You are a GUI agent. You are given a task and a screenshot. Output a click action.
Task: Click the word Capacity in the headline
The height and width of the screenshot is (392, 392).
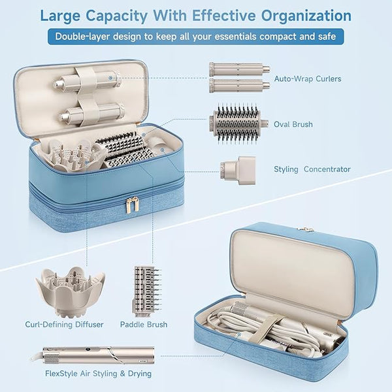pos(116,16)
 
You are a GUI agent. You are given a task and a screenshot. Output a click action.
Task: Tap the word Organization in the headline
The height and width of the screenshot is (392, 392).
pos(306,16)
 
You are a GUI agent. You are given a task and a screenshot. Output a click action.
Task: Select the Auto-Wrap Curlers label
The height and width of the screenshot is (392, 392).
pos(308,79)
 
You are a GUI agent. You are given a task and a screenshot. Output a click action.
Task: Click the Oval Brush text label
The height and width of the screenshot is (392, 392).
pos(293,124)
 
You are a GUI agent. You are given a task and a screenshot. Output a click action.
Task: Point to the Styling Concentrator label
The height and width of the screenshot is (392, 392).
pos(312,169)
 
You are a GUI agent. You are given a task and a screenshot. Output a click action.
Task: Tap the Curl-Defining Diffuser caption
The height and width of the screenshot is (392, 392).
pos(64,325)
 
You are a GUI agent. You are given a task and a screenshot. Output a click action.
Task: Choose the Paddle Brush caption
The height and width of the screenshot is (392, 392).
pos(144,325)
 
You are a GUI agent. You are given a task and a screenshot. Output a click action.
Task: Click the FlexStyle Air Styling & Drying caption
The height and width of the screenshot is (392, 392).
pos(98,374)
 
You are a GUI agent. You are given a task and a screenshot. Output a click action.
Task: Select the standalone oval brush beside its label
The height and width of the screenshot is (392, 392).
pos(238,123)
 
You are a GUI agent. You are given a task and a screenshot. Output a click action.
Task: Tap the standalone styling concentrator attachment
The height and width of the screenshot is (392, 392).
pos(238,171)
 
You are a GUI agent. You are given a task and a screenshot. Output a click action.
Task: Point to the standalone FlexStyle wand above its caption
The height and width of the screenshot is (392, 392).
pos(93,355)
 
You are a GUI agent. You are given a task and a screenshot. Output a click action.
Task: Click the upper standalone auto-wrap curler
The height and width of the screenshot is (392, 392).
pos(240,69)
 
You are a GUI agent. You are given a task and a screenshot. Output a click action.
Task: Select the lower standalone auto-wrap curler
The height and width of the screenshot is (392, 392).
pos(240,86)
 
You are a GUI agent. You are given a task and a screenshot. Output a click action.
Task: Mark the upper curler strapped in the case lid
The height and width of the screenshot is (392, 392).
pos(86,80)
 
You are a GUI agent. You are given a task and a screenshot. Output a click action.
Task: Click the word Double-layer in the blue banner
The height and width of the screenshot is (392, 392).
pos(82,37)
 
